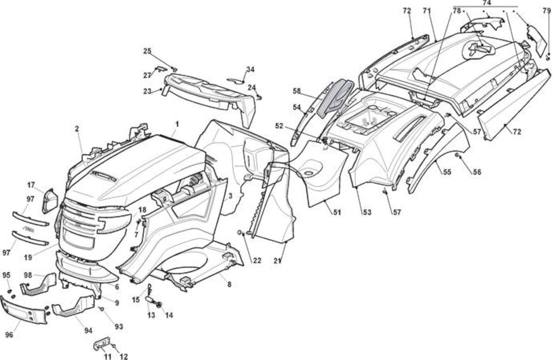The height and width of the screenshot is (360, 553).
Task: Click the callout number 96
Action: (x=9, y=335)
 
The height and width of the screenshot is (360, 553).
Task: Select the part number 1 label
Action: (x=177, y=124)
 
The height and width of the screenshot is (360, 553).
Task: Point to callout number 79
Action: (x=547, y=11)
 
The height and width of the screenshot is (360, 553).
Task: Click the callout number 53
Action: (x=367, y=212)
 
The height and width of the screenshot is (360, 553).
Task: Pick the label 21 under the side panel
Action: (x=277, y=261)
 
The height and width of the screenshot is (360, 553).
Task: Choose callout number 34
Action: (x=250, y=69)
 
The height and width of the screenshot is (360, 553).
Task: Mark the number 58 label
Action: (x=297, y=91)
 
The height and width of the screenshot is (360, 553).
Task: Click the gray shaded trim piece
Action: (x=335, y=98)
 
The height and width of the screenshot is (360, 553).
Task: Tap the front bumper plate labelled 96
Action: (x=23, y=311)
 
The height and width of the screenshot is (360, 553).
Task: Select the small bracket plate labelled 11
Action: (x=102, y=343)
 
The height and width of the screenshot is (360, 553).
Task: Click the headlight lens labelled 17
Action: (x=50, y=201)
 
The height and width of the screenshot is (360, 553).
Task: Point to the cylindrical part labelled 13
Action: (x=150, y=300)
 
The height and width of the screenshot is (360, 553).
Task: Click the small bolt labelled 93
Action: (x=102, y=308)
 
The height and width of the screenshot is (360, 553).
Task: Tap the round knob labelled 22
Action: (x=240, y=233)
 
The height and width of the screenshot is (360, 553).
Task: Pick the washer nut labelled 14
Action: (x=159, y=305)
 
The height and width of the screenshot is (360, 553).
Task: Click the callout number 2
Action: (x=77, y=129)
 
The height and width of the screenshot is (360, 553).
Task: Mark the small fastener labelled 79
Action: (x=547, y=58)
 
